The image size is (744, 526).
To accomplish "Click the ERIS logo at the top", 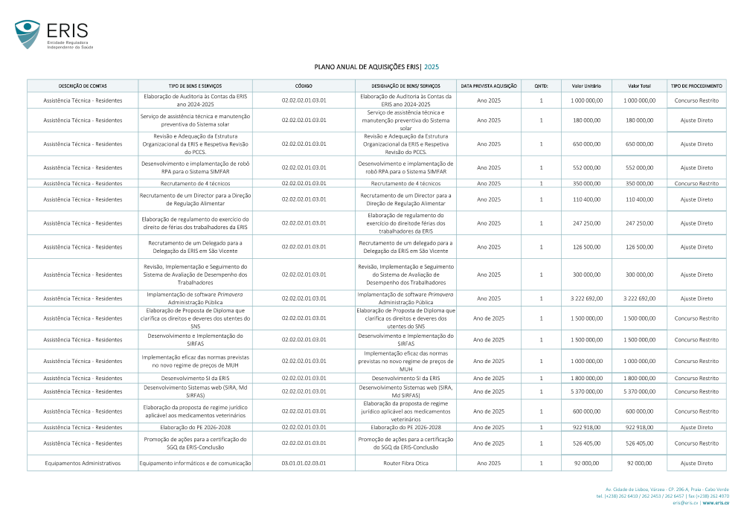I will tap(51, 34).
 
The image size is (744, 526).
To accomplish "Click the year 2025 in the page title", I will tap(432, 66).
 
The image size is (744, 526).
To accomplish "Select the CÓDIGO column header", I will tap(304, 86).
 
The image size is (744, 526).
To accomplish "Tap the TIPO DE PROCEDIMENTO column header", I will tap(696, 86).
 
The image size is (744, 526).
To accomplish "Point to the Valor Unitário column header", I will tap(586, 86).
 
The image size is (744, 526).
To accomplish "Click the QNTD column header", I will tap(541, 86).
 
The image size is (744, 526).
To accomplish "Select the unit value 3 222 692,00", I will tap(586, 298).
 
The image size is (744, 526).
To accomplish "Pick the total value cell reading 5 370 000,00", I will tap(640, 391).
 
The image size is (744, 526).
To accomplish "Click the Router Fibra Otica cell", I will tap(405, 463).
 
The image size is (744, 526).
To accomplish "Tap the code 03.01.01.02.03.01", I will tap(304, 463).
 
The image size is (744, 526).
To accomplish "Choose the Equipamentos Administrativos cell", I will tap(83, 463).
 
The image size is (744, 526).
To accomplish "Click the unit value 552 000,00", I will tap(586, 167).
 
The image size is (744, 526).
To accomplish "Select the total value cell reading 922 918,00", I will tap(640, 427).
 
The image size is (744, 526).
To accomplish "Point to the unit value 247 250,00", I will tap(586, 223).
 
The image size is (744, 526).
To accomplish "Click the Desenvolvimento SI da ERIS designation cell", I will tap(405, 378).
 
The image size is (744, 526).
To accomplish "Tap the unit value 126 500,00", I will tap(586, 247).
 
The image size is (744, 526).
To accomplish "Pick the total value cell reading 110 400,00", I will tap(640, 199).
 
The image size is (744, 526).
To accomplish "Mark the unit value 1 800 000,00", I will tap(586, 378).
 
